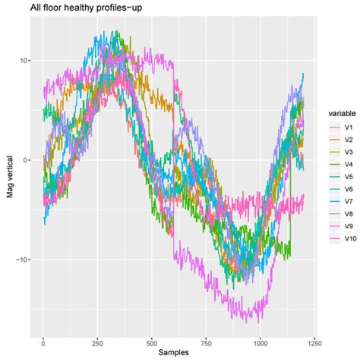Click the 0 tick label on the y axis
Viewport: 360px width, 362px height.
click(x=23, y=159)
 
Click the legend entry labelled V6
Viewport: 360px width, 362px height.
click(x=344, y=188)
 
